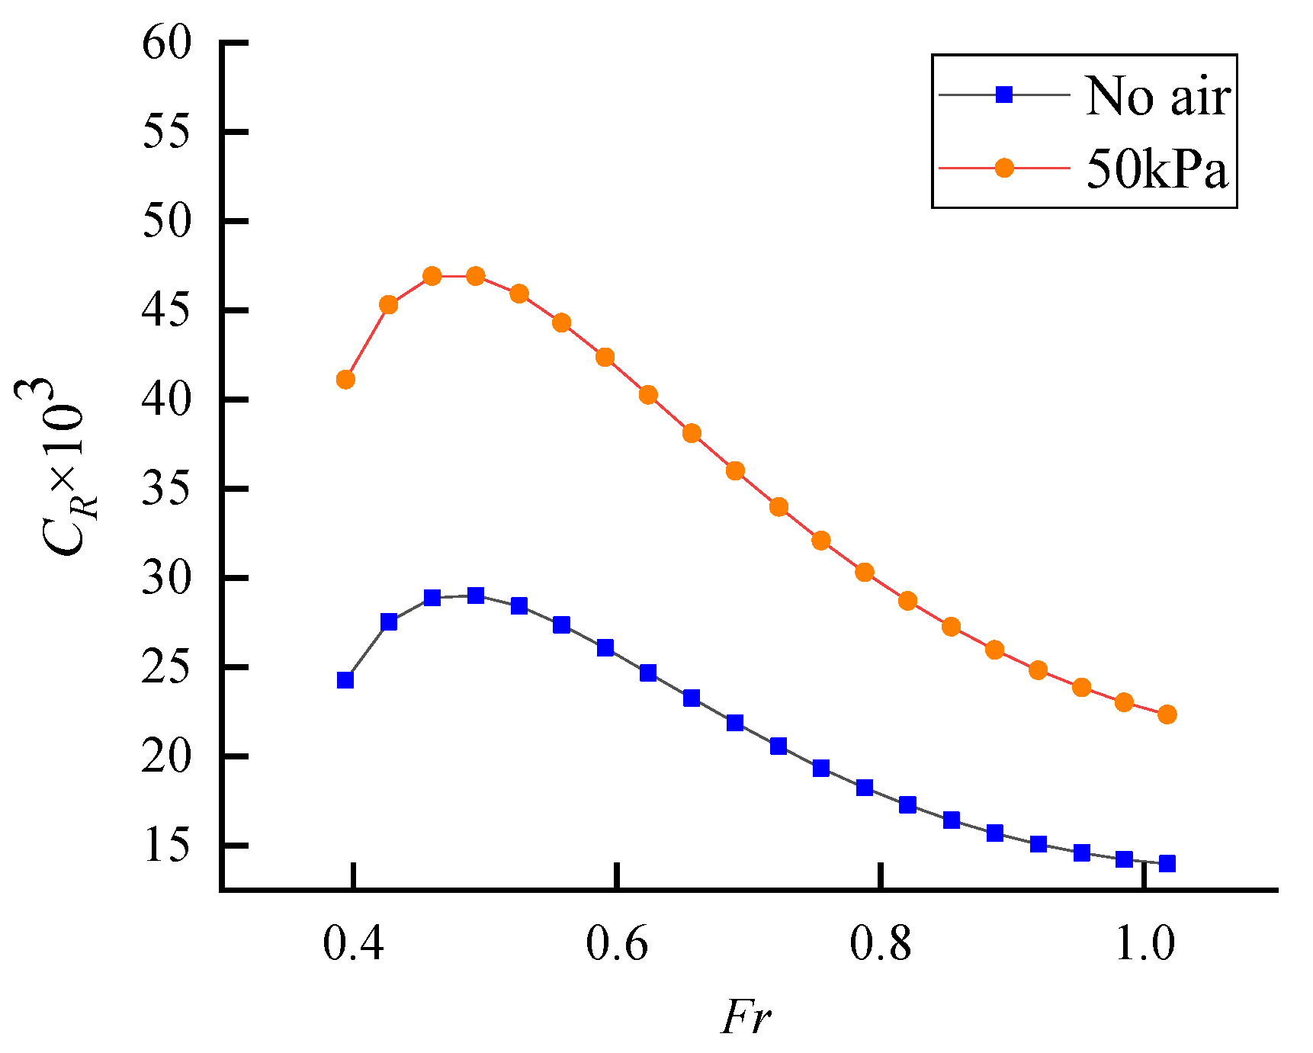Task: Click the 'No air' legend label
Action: [x=1157, y=97]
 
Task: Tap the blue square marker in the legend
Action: [x=1004, y=95]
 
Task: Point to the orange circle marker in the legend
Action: [x=1004, y=168]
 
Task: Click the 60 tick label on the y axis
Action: [x=166, y=43]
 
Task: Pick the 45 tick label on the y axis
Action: [x=166, y=310]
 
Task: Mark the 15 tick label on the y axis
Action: [x=166, y=846]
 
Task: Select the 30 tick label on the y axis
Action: [x=166, y=578]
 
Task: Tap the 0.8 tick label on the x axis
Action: [x=881, y=944]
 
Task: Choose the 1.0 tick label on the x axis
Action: [x=1144, y=944]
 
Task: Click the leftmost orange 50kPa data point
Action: [x=345, y=379]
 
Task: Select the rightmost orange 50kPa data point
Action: [x=1167, y=714]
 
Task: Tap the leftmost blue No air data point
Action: [x=345, y=679]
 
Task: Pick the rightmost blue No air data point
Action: [x=1167, y=863]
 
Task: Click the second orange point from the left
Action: [x=389, y=305]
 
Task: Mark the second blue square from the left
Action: [x=389, y=622]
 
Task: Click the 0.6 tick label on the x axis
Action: [x=616, y=944]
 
